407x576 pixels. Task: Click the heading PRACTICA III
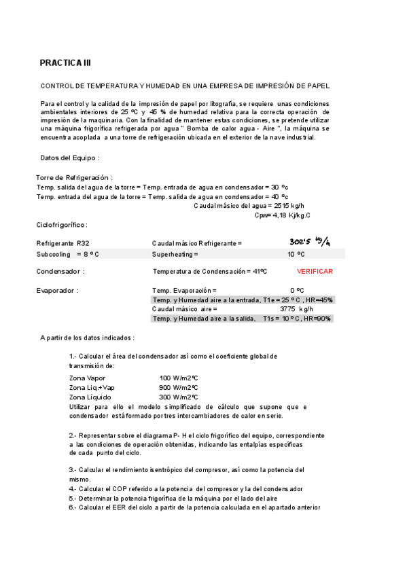tap(65, 63)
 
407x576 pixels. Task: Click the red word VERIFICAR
tap(315, 271)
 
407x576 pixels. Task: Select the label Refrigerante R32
tap(63, 242)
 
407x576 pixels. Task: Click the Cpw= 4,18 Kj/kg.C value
tap(282, 215)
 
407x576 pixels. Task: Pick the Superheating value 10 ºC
tap(296, 253)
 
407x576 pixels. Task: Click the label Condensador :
tap(60, 271)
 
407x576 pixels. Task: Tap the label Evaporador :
tap(58, 290)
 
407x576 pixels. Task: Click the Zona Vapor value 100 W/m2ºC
tap(178, 378)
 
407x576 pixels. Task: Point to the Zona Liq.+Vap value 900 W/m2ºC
tap(178, 387)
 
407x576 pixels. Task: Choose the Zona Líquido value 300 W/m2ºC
tap(178, 397)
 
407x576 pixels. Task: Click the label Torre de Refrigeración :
tap(74, 177)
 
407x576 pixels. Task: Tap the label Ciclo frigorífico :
tap(62, 224)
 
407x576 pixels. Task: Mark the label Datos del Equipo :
tap(70, 158)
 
